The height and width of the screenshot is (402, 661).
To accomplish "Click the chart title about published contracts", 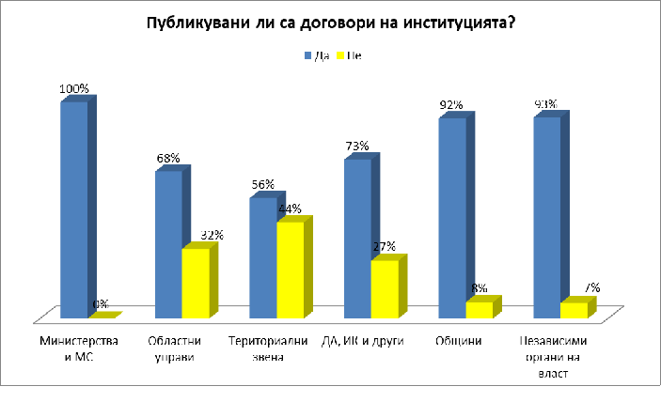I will pos(329,23).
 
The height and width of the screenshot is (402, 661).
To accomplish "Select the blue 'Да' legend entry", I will pos(314,55).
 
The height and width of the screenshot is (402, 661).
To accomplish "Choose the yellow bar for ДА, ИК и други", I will pos(385,287).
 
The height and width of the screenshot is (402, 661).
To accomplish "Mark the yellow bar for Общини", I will pos(479,309).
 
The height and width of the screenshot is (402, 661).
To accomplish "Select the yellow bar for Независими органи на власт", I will pos(574,310).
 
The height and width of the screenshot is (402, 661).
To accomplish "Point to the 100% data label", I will pos(73,89).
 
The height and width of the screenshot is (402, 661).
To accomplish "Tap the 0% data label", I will pos(101,304).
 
